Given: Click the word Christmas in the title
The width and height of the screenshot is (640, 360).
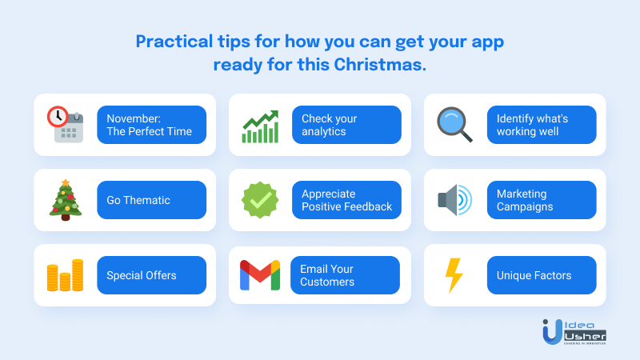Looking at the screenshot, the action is [x=380, y=65].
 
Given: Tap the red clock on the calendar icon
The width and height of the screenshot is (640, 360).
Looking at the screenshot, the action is [x=58, y=116].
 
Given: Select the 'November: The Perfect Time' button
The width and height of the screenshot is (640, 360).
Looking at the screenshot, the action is [x=151, y=125].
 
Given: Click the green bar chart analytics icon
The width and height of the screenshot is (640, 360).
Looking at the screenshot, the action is [x=261, y=126].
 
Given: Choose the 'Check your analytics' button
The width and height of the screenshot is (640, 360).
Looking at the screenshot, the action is [x=346, y=125].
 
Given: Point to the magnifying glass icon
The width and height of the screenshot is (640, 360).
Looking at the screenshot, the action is [x=454, y=125].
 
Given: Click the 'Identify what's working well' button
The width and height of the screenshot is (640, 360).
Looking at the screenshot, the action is [x=542, y=125].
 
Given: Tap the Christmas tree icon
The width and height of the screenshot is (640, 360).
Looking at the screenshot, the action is [x=66, y=200].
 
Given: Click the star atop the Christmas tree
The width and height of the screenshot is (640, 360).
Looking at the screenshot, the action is [x=66, y=182].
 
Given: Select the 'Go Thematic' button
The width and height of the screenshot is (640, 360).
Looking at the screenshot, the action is [x=151, y=200].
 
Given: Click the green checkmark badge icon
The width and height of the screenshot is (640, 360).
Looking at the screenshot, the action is [x=261, y=200].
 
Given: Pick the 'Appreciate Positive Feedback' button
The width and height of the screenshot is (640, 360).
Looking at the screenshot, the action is [x=346, y=200].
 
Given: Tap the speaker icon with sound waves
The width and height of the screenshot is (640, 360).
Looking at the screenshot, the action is [x=454, y=200].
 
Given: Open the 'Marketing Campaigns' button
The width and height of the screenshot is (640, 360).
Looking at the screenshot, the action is [x=542, y=200].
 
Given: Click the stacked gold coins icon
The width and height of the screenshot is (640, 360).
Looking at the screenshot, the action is [x=66, y=275].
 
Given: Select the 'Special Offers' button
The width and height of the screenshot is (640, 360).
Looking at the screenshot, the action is [x=151, y=275].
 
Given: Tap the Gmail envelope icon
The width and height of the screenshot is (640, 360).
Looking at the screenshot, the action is [x=260, y=275].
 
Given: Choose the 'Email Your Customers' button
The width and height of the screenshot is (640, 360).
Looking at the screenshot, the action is [x=345, y=275].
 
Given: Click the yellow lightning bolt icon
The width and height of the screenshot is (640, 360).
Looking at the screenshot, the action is [x=454, y=275].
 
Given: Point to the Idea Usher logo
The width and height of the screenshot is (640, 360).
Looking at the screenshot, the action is [x=574, y=332].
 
